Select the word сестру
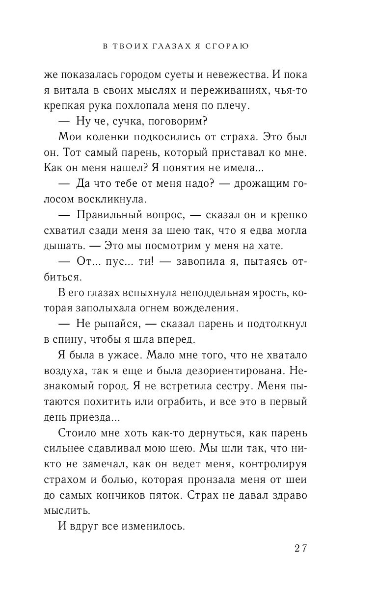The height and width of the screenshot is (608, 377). tap(233, 386)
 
